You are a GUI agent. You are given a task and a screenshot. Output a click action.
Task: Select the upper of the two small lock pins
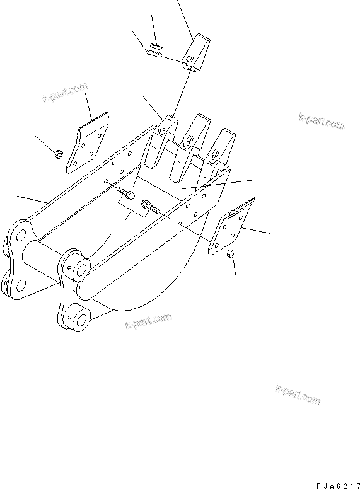coord(156,47)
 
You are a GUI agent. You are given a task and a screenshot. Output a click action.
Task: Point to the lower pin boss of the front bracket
coord(79,317)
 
